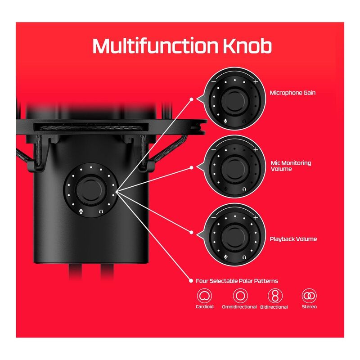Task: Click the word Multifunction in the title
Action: point(155,46)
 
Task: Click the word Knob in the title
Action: point(247,46)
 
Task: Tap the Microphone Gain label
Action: point(292,93)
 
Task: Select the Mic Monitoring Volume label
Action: point(291,166)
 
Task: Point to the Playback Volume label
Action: point(293,239)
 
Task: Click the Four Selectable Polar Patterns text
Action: point(237,281)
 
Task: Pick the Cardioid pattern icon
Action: point(204,296)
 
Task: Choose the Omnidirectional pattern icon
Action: point(240,296)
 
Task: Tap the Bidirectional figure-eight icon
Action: point(275,296)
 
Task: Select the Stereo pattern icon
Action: point(309,296)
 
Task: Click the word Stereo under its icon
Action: point(309,307)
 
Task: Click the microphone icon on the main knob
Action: point(81,211)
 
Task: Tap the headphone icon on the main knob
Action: point(101,211)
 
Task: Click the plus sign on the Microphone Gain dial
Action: point(256,81)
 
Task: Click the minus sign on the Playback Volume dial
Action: point(213,217)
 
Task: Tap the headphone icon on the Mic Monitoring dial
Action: point(244,189)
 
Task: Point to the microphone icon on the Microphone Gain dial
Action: point(226,121)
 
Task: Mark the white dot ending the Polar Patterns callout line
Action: point(191,281)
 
